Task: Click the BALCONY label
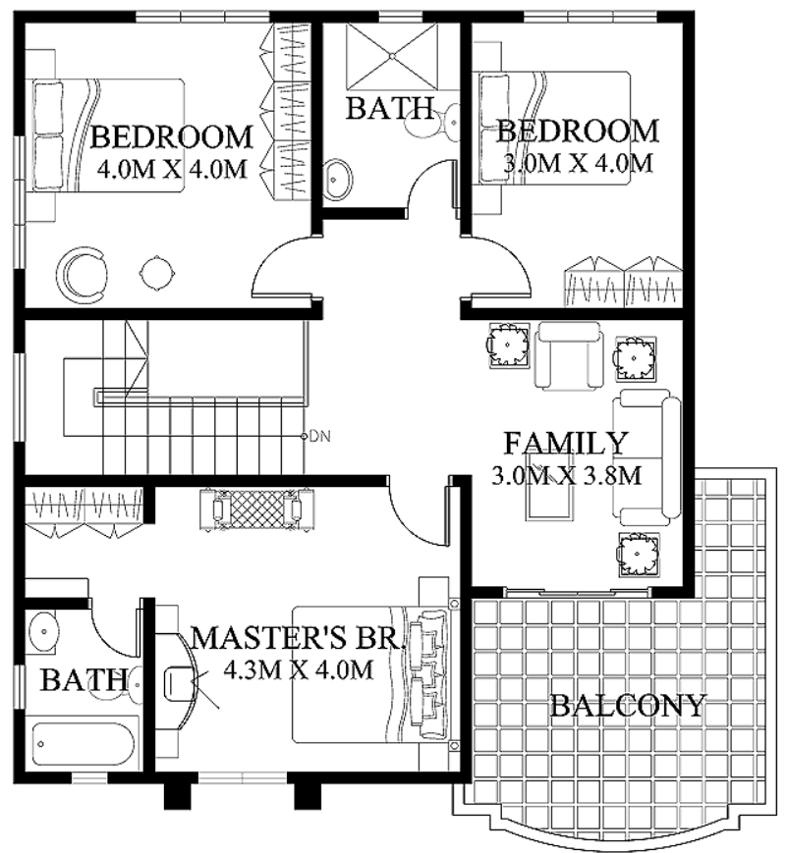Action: tap(628, 706)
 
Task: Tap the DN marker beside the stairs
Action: tap(319, 436)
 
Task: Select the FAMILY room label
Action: tap(566, 443)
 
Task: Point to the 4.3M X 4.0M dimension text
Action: tap(299, 669)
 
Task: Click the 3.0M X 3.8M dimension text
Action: tap(566, 475)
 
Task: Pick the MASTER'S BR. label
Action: tap(298, 637)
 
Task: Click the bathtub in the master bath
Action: tap(83, 744)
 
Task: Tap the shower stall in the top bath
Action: tap(392, 56)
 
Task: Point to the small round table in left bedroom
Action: tap(157, 273)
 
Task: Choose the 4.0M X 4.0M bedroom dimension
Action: tap(172, 169)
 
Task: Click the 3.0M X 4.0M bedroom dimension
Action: tap(578, 163)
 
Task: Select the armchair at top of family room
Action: tap(569, 355)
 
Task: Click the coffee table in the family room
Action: tap(549, 493)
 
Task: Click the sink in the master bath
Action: tap(43, 631)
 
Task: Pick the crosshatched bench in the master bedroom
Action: tap(256, 509)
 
